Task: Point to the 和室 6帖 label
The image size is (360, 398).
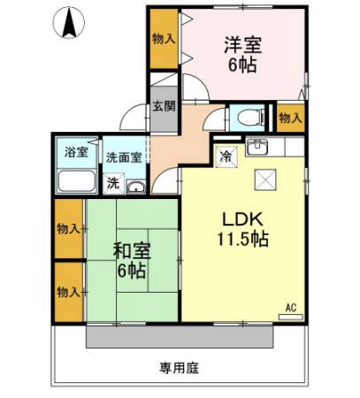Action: (x=131, y=260)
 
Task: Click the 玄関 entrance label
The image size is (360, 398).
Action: (x=163, y=106)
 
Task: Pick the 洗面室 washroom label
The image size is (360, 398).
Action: (x=123, y=157)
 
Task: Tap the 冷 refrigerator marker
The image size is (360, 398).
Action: (x=226, y=155)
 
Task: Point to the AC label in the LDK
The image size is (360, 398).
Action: (x=289, y=309)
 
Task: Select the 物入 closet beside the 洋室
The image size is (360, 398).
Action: (x=163, y=39)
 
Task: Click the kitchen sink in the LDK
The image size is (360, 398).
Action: (x=257, y=147)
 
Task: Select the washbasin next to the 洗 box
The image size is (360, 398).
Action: (x=135, y=186)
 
